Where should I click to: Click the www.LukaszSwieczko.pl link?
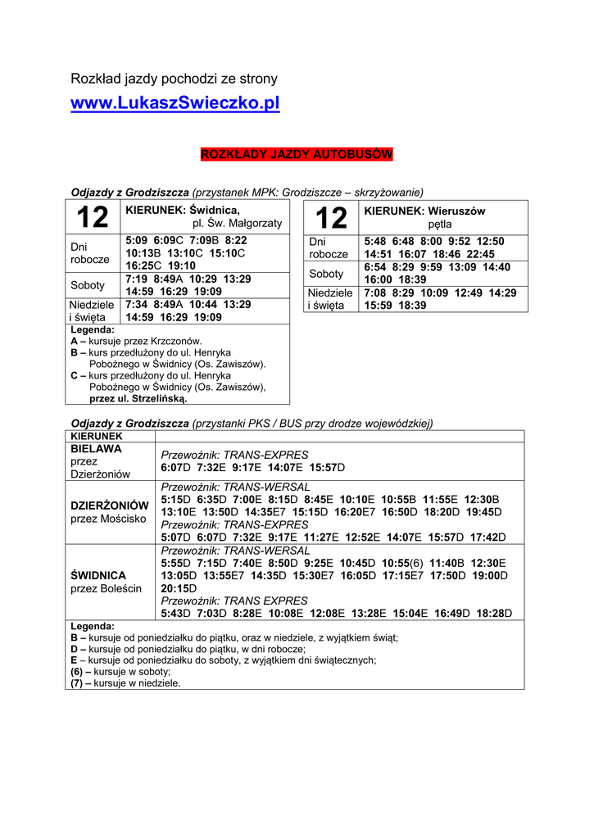[175, 104]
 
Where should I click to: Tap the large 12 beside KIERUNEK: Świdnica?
[92, 218]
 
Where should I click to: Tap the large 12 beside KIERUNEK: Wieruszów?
[331, 218]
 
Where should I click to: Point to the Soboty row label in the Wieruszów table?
[326, 274]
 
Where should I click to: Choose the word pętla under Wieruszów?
[439, 224]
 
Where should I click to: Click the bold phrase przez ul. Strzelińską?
[138, 399]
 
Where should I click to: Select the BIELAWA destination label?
[96, 449]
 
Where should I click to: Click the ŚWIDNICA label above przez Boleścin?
[98, 575]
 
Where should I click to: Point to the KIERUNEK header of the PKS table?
[96, 436]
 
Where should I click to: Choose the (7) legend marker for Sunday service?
[77, 683]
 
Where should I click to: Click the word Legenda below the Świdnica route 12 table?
[93, 329]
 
